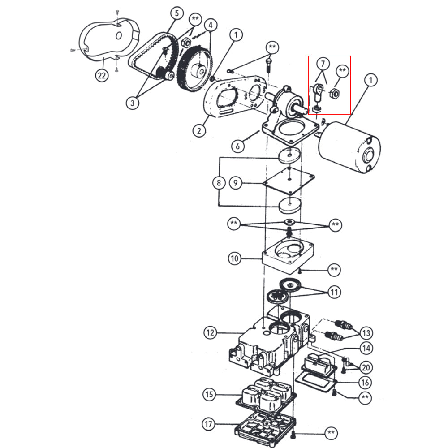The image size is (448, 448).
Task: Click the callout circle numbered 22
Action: click(x=102, y=75)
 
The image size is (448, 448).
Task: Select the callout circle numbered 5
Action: click(x=177, y=13)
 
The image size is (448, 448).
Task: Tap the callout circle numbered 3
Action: click(x=133, y=103)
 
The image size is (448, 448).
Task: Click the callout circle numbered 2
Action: click(x=199, y=131)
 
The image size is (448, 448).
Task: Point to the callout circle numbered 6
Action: click(x=238, y=146)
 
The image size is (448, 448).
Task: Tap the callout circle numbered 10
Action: click(x=235, y=258)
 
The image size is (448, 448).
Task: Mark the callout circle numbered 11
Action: click(x=334, y=293)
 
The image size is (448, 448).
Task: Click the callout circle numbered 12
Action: click(x=210, y=333)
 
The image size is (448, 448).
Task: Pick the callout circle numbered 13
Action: click(x=366, y=333)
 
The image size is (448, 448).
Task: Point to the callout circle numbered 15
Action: click(x=209, y=395)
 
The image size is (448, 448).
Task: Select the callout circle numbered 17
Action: click(x=209, y=423)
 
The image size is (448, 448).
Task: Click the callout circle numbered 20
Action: click(x=366, y=368)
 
